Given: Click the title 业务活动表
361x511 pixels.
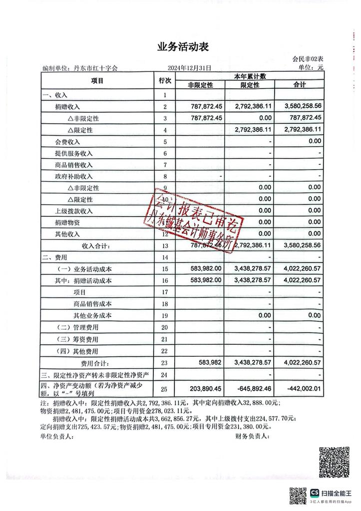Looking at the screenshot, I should point(182,47).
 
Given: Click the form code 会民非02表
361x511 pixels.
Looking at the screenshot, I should point(308,60).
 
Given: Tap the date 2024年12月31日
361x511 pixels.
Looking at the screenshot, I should point(190,68).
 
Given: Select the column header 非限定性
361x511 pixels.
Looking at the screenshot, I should point(200,85).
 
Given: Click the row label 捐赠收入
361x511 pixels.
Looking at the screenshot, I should point(67,107).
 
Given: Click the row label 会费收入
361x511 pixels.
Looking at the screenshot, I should point(67,142).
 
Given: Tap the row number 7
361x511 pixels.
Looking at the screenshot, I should point(165,165).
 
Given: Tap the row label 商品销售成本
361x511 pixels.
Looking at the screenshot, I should point(92,304).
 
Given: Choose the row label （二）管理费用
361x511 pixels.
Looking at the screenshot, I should point(77,327).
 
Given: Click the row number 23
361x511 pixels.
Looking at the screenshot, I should point(165,363).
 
